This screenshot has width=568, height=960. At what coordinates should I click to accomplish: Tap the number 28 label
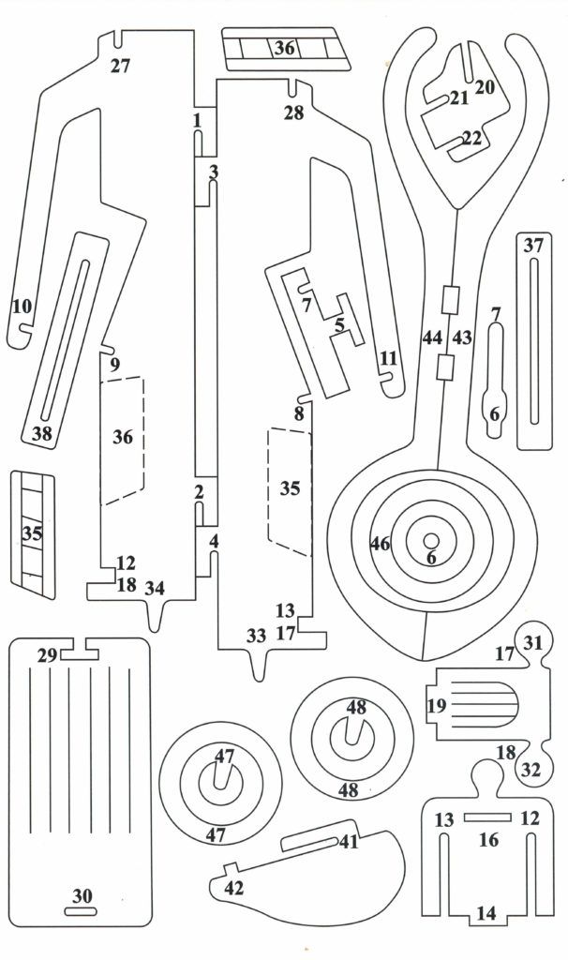point(293,112)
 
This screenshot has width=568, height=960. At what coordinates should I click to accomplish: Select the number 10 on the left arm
point(22,306)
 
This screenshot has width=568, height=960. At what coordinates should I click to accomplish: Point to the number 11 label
point(388,357)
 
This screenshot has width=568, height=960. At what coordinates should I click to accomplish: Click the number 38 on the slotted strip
point(41,433)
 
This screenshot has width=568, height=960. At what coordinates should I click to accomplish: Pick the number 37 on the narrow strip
point(533,247)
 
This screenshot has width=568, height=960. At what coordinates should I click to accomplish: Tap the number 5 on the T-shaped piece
point(340,324)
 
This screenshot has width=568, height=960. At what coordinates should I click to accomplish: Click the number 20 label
point(485,87)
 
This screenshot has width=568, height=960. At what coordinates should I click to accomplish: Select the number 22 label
point(471,138)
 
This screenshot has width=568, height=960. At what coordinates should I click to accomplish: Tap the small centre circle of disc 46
point(431,541)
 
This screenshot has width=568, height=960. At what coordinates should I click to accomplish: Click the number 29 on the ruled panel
point(46,655)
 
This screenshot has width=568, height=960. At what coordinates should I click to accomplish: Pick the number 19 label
point(436,705)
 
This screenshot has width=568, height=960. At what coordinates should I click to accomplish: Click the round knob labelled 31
point(532,643)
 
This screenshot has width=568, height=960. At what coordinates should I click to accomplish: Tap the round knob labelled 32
point(532,771)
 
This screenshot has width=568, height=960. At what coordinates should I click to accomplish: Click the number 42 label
point(234,887)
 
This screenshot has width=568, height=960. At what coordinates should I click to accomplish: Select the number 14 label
point(486,911)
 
